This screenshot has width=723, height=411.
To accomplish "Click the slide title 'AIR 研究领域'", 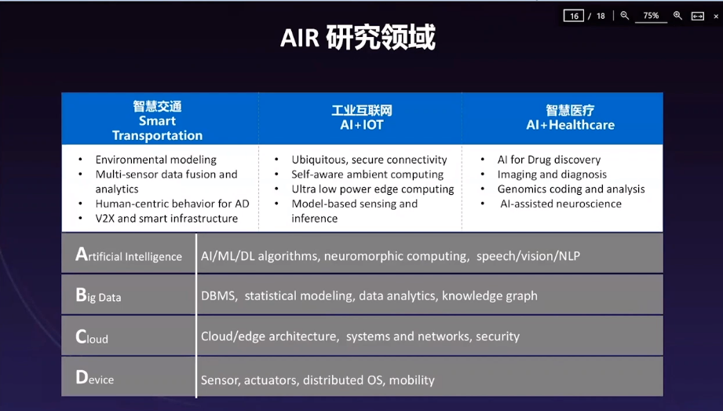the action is (x=358, y=38).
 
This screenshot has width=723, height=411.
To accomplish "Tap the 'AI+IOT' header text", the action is (x=361, y=125).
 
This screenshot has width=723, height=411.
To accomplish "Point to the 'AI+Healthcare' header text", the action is (x=571, y=125).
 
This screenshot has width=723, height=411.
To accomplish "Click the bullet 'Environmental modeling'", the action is (x=156, y=160).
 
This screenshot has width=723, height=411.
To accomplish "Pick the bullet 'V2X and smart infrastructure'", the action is (x=166, y=218).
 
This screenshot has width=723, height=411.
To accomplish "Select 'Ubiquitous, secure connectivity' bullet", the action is (x=369, y=160).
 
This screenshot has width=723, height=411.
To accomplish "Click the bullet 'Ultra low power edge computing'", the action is (x=373, y=189).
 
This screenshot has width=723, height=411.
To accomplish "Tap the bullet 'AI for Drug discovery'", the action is (x=549, y=160).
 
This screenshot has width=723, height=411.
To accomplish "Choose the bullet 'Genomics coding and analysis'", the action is (x=571, y=189).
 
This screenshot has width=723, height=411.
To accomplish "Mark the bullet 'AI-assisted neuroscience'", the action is (x=561, y=204).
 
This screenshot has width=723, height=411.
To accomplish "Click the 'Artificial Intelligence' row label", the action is (x=129, y=255).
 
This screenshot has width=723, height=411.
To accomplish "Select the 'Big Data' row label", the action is (x=98, y=295).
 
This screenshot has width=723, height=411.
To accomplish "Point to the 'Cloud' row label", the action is (x=92, y=336).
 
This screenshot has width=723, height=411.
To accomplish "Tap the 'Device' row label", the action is (x=94, y=378).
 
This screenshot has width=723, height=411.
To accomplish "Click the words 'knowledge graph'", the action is (x=490, y=296).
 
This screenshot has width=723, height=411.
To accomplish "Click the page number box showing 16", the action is (x=574, y=16).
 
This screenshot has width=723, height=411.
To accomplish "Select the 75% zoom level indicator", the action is (x=651, y=16).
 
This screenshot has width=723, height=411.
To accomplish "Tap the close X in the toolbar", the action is (x=716, y=17).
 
